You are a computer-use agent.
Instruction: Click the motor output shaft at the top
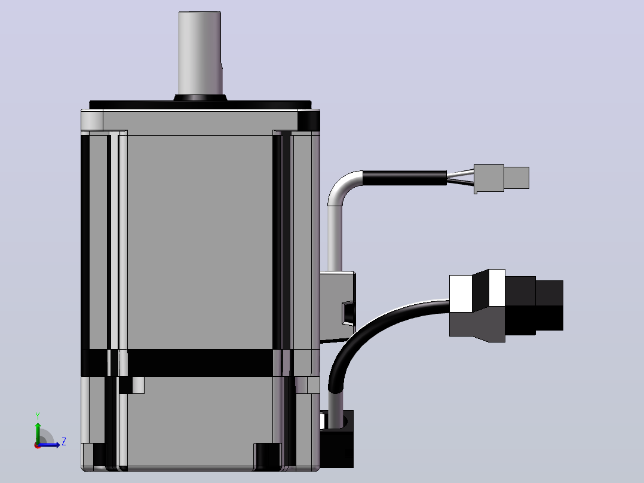200,53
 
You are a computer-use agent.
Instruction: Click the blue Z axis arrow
49,444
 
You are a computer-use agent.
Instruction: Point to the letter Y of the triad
38,416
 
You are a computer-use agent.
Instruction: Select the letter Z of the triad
64,442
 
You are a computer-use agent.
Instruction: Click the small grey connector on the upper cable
501,178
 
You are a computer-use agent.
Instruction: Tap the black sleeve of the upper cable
404,178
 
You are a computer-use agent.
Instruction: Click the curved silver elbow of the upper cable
342,188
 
